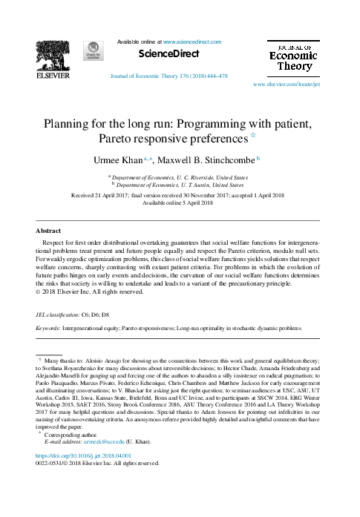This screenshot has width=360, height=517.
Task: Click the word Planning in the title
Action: click(x=70, y=124)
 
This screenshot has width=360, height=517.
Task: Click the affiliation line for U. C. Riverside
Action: click(x=180, y=178)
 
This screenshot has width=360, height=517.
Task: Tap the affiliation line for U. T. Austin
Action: click(x=180, y=185)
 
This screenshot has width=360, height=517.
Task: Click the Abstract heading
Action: click(x=48, y=230)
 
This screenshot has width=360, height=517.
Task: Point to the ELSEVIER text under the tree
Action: click(x=53, y=75)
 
